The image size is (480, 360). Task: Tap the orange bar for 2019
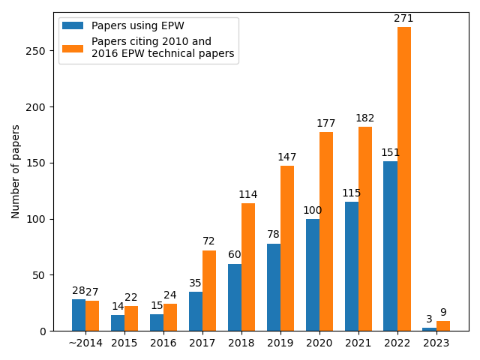[x=287, y=248]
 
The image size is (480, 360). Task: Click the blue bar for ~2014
[x=79, y=315]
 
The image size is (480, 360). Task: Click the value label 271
[x=404, y=19]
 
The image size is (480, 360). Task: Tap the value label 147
[x=287, y=157]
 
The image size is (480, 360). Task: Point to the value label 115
[x=352, y=193]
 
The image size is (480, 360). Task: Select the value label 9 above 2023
[x=443, y=313]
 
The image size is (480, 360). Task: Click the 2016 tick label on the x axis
[x=163, y=343]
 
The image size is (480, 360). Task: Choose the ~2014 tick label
[x=85, y=343]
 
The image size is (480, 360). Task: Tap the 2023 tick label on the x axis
[x=436, y=343]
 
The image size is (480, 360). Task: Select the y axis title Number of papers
[x=16, y=172]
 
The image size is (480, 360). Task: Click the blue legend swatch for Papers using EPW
[x=73, y=25]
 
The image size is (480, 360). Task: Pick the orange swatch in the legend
[x=73, y=47]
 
